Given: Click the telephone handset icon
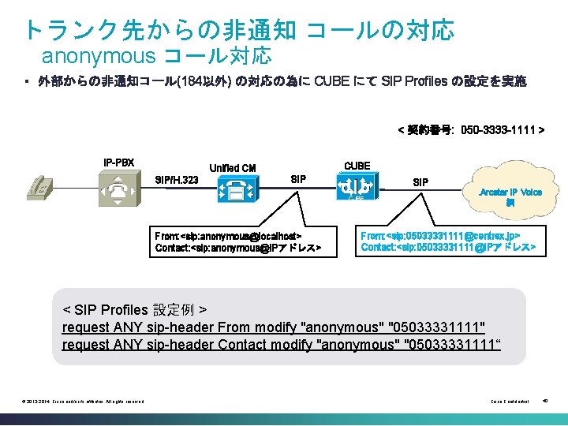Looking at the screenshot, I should click(x=39, y=188).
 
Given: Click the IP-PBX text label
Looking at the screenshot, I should click(x=119, y=163).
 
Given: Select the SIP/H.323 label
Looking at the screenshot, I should click(x=177, y=181).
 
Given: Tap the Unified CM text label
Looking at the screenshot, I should click(x=232, y=167).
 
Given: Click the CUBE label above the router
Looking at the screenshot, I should click(x=357, y=165).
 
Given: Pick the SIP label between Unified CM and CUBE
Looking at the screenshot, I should click(x=298, y=179).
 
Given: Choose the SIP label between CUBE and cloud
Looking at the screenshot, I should click(x=421, y=182).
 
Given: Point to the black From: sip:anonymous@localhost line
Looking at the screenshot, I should click(x=228, y=235).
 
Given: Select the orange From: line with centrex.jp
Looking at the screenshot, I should click(x=440, y=235).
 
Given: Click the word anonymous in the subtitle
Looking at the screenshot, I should click(x=99, y=56).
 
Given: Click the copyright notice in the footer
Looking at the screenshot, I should click(x=82, y=402).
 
